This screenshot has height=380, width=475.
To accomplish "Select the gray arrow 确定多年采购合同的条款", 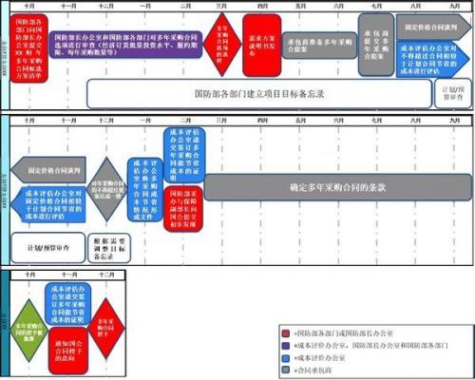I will [x=337, y=188].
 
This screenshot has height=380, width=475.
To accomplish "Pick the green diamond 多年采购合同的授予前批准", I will [x=30, y=328].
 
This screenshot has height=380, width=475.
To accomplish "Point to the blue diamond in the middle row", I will [x=108, y=188].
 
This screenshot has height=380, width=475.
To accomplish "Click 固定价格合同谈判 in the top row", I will [x=432, y=28].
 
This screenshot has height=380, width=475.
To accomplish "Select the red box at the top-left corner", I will [x=25, y=47].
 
